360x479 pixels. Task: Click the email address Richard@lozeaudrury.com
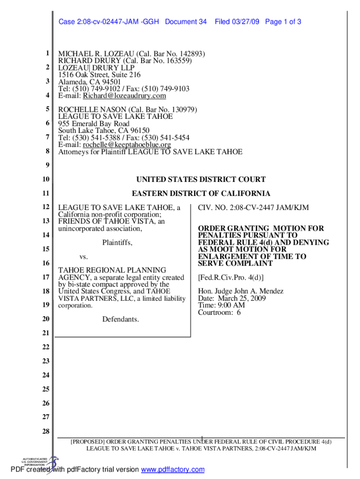(124, 96)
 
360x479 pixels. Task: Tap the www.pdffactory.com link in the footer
(173, 470)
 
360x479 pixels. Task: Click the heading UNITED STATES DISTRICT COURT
(201, 180)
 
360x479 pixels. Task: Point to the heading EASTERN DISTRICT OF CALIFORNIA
(201, 194)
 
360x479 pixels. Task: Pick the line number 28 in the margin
(45, 431)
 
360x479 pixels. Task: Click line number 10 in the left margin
(45, 180)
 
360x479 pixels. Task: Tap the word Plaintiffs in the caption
(117, 243)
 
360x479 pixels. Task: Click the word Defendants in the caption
(120, 319)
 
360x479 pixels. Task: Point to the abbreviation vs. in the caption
(84, 257)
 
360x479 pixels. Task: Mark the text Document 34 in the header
(186, 22)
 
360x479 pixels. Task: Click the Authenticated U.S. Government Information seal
(39, 463)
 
